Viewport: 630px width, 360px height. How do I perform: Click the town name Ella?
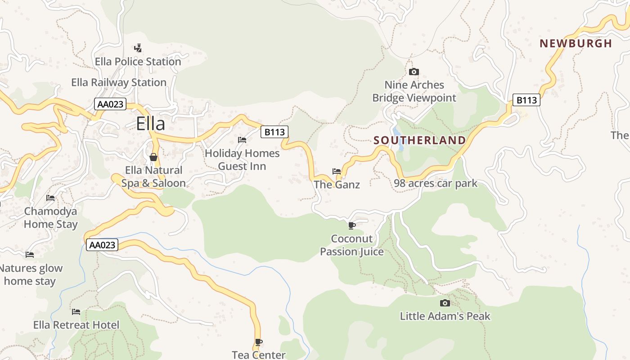click(x=151, y=123)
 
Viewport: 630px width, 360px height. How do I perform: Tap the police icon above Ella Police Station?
click(x=138, y=48)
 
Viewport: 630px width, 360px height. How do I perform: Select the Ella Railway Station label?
click(x=119, y=82)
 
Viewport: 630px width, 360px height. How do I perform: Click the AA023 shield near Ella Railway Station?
click(x=110, y=104)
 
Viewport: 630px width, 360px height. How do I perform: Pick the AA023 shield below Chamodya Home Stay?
click(x=102, y=245)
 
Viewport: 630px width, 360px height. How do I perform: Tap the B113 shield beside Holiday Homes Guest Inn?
click(x=274, y=132)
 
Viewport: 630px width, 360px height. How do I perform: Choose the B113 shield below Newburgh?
click(x=526, y=100)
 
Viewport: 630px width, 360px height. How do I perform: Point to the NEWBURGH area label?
click(x=576, y=43)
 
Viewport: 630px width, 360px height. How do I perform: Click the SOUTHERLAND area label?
click(x=420, y=140)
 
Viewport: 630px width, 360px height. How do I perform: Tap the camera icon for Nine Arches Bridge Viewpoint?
click(x=414, y=72)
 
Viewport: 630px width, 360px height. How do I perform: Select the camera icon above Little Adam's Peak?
click(x=445, y=303)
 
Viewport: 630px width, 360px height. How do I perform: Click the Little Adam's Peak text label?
click(x=445, y=316)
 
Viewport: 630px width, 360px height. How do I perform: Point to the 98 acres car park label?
click(x=435, y=183)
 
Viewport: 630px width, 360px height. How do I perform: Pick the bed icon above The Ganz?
click(x=337, y=171)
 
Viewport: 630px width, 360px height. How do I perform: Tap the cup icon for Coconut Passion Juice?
click(x=352, y=225)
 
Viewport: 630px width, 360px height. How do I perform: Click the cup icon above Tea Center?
click(x=259, y=342)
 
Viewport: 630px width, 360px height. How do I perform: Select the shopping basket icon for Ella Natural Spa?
click(x=153, y=157)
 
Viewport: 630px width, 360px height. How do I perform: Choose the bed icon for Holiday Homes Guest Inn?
click(x=242, y=140)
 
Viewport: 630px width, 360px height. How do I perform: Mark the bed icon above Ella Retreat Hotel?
click(x=76, y=311)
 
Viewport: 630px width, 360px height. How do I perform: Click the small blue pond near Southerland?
click(x=397, y=137)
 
